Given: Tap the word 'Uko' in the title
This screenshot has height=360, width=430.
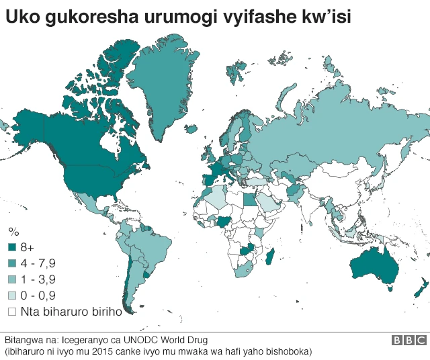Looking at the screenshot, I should click(22, 16).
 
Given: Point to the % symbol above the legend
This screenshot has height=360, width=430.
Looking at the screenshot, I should click(12, 232).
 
